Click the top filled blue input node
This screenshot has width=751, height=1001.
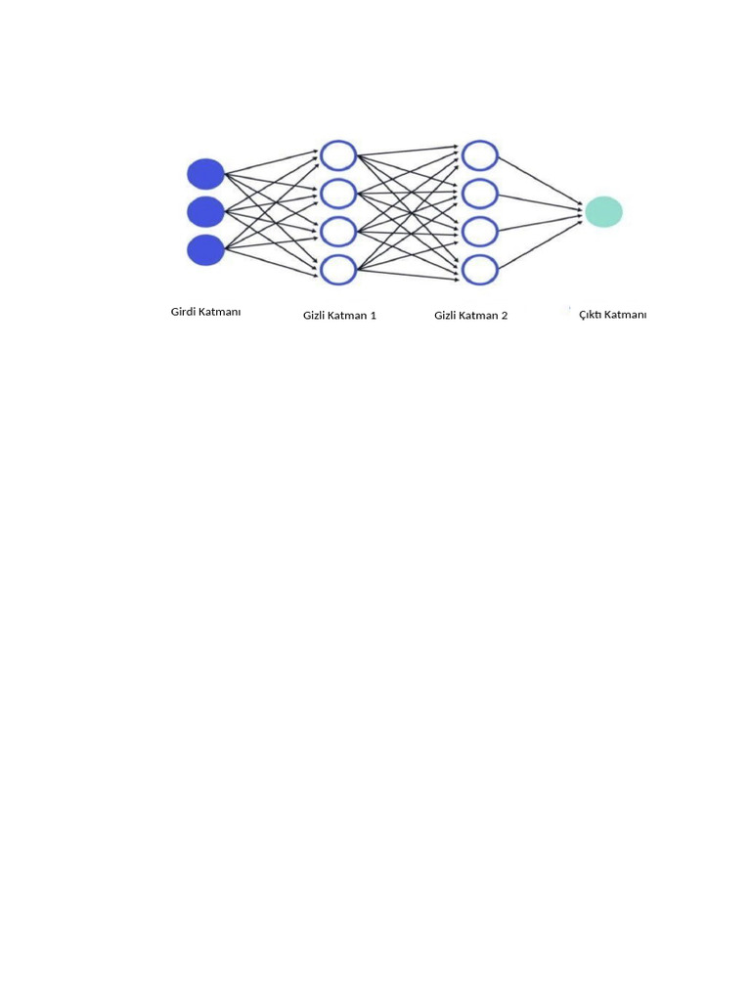(205, 174)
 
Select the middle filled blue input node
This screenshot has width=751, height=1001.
(205, 211)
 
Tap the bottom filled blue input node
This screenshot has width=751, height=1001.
(205, 250)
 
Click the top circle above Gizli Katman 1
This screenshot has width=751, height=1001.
(338, 155)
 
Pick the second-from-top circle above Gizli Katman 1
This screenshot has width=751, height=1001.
(338, 194)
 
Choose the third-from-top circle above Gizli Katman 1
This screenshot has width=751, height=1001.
(338, 232)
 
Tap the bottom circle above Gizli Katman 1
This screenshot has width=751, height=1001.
(338, 269)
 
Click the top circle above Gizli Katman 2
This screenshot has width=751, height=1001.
(480, 155)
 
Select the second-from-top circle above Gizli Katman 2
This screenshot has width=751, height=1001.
(480, 194)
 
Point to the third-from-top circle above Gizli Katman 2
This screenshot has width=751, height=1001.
(480, 232)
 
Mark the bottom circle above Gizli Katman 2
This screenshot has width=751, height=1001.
(480, 269)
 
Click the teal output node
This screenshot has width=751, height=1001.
(603, 212)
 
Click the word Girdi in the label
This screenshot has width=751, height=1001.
(184, 312)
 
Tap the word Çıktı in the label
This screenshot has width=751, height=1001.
(591, 314)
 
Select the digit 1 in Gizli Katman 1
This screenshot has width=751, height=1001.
(373, 316)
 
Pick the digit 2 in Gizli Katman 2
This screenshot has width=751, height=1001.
(504, 316)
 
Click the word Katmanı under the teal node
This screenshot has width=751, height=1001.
(626, 314)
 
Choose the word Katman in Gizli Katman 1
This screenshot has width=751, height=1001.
(347, 316)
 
